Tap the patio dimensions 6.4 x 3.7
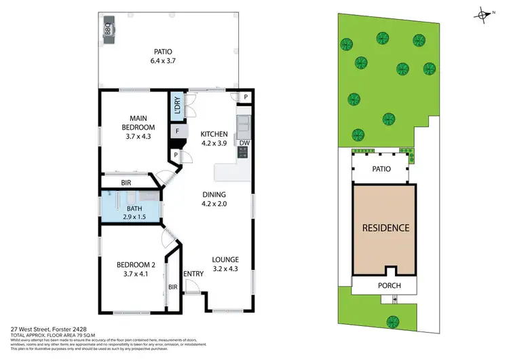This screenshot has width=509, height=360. click(163, 61)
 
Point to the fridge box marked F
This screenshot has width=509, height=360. click(177, 130)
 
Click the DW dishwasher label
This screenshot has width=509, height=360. click(244, 142)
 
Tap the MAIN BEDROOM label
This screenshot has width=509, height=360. click(138, 123)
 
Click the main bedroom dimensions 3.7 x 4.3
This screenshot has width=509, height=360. click(138, 137)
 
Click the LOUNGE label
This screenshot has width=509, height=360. click(225, 259)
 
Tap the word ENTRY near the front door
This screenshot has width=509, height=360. click(193, 274)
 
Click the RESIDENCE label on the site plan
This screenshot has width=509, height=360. click(385, 228)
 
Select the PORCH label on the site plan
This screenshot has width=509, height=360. click(385, 285)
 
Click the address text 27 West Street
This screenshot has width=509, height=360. click(41, 330)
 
